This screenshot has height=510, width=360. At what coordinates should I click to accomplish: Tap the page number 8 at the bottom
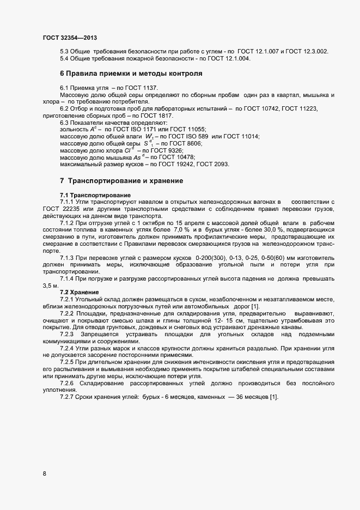pos(44,473)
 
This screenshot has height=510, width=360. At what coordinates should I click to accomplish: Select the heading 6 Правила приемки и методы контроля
pos(131,73)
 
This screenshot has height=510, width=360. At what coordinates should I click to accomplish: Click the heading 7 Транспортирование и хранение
pos(121,180)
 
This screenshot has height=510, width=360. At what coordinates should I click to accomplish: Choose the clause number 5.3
pos(64,51)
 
